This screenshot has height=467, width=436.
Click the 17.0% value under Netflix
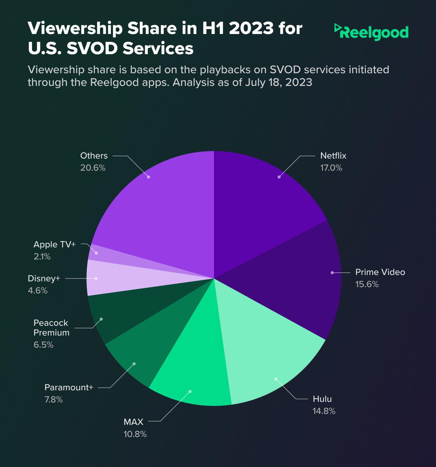[x=331, y=168]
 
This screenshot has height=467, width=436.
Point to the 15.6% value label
[x=367, y=284]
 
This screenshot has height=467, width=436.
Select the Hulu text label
[x=322, y=399]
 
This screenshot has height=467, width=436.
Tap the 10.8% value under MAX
[x=135, y=434]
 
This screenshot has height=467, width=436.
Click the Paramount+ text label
[x=69, y=387]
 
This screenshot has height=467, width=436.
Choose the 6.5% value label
[x=44, y=345]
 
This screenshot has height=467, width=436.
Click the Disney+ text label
[x=44, y=278]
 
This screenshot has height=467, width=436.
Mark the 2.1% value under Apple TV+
[x=42, y=257]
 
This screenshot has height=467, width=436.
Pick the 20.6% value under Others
[x=93, y=168]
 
